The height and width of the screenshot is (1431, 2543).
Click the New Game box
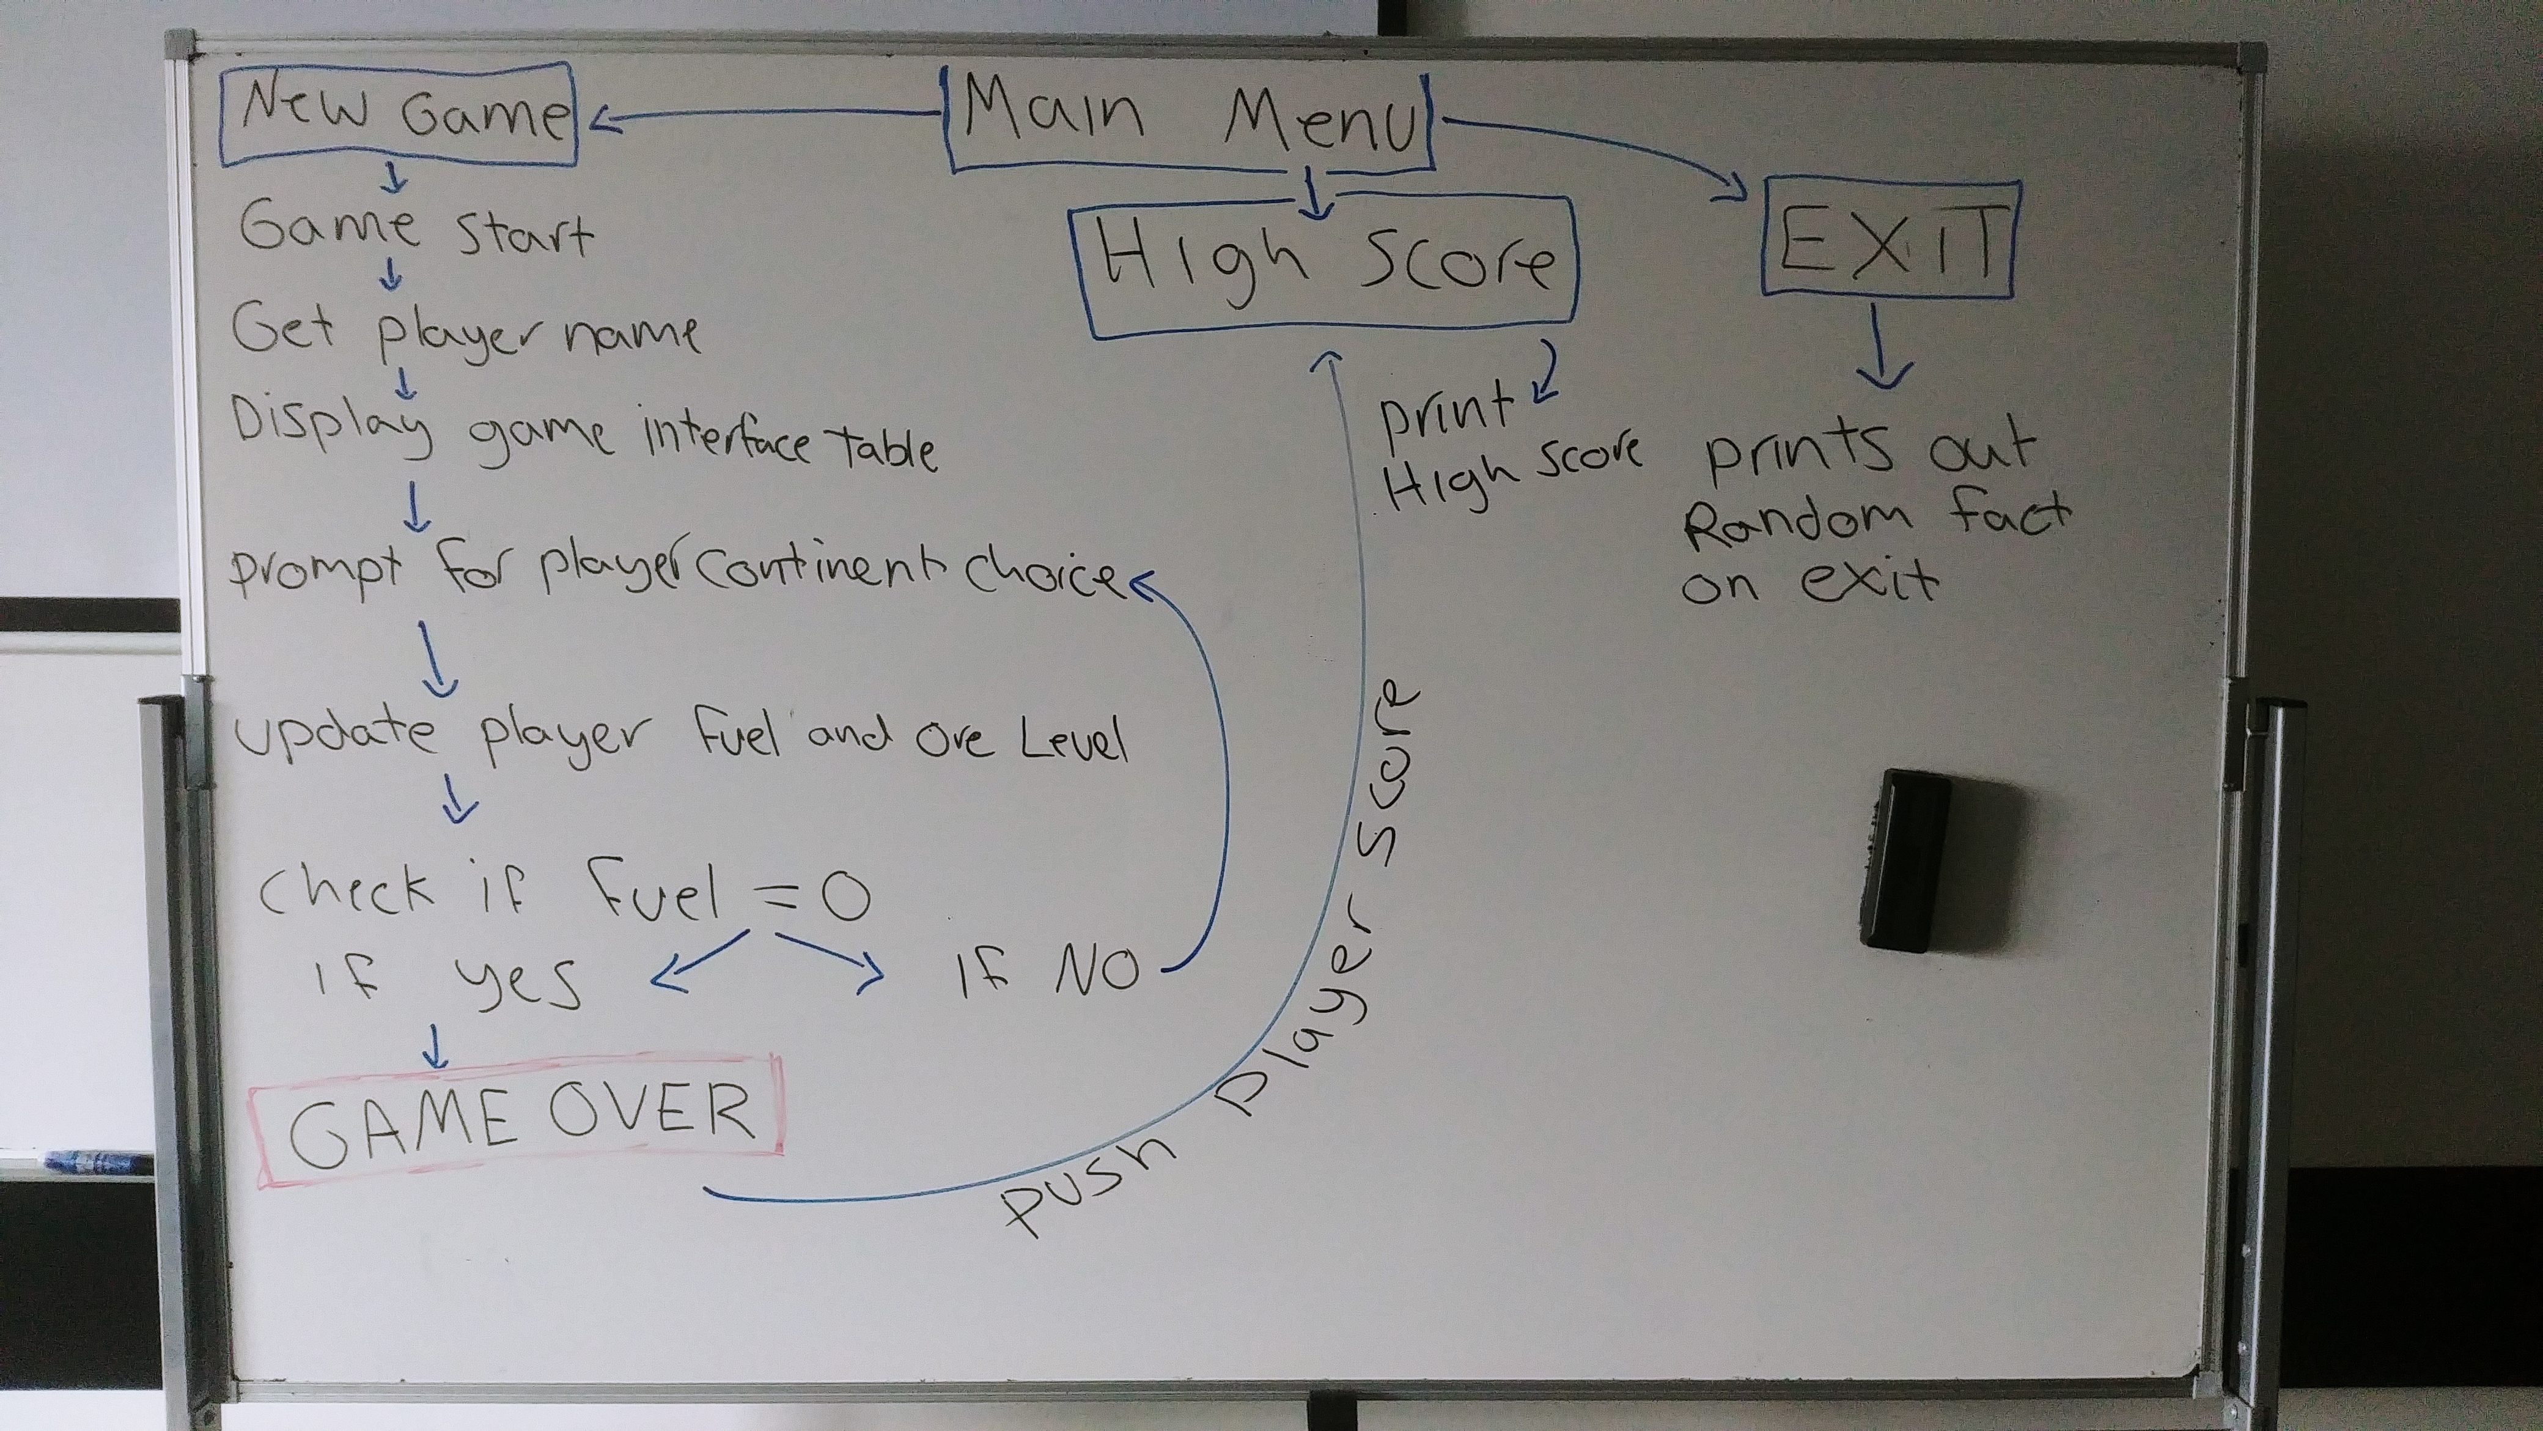point(398,116)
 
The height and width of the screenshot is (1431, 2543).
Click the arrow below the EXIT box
point(1883,350)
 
